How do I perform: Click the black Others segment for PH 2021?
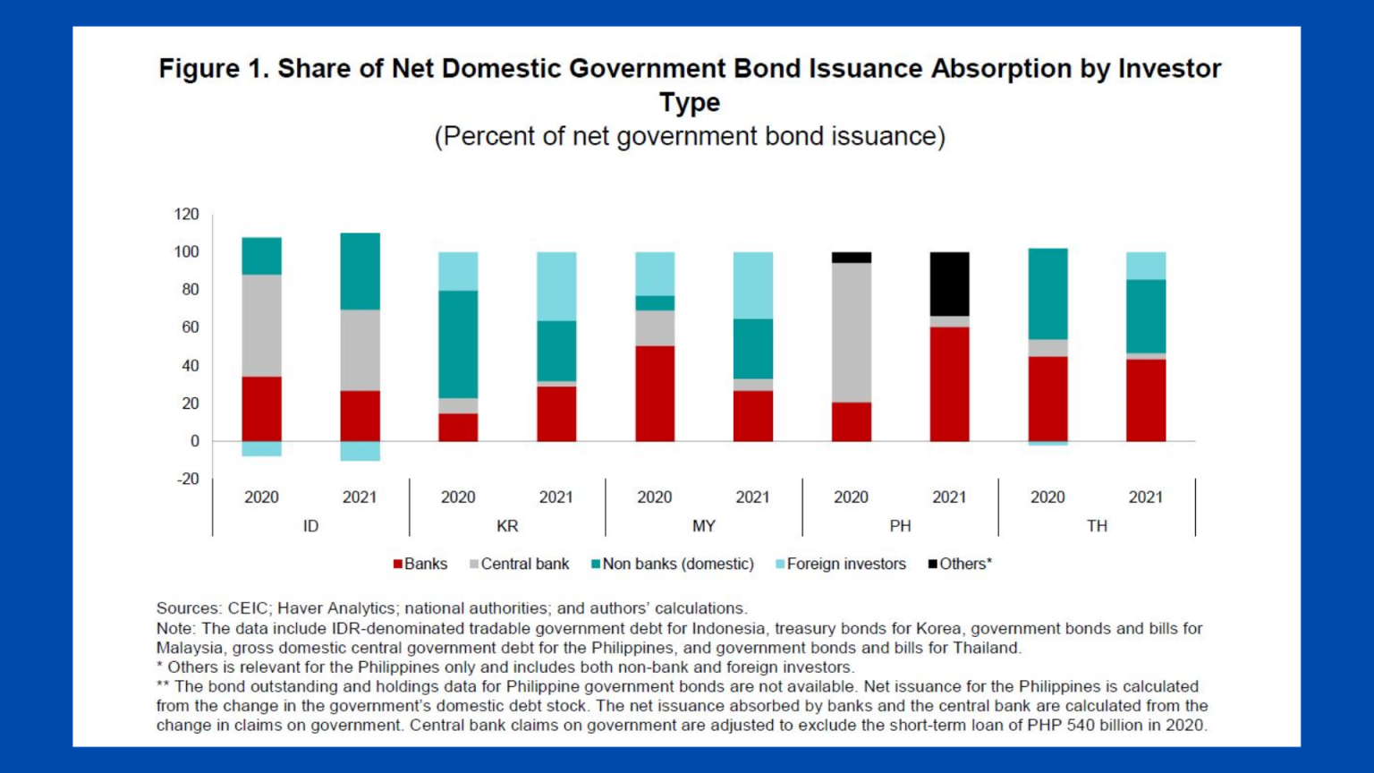pyautogui.click(x=949, y=284)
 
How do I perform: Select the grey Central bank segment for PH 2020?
pyautogui.click(x=851, y=332)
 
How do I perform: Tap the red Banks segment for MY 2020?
pyautogui.click(x=655, y=394)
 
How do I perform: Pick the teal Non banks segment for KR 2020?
pyautogui.click(x=458, y=344)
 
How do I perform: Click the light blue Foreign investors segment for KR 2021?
pyautogui.click(x=556, y=286)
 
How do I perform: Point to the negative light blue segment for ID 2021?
pyautogui.click(x=360, y=451)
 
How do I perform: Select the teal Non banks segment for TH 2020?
pyautogui.click(x=1047, y=293)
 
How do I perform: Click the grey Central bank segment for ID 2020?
pyautogui.click(x=261, y=326)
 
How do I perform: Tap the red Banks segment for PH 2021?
pyautogui.click(x=949, y=384)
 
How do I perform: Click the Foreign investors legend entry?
pyautogui.click(x=845, y=564)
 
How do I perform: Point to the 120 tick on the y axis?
pyautogui.click(x=186, y=214)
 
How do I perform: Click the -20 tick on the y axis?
pyautogui.click(x=187, y=479)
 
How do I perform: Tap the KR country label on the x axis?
pyautogui.click(x=507, y=526)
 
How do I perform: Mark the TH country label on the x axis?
pyautogui.click(x=1097, y=526)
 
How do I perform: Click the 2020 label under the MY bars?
pyautogui.click(x=655, y=497)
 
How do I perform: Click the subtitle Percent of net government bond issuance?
pyautogui.click(x=690, y=136)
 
